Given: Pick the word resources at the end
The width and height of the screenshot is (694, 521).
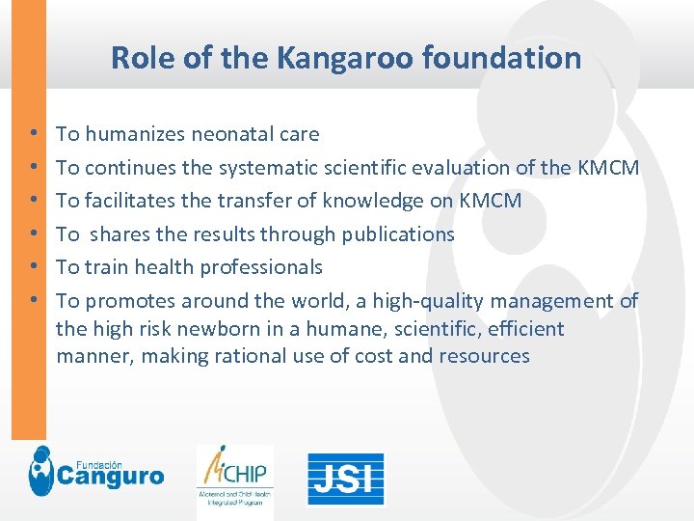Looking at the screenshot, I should point(484,356).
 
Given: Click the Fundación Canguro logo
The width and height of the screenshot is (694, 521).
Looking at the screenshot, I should point(95,471).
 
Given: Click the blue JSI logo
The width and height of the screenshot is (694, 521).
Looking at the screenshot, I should point(345,479).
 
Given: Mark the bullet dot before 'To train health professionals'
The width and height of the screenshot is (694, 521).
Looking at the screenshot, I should point(34,267).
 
